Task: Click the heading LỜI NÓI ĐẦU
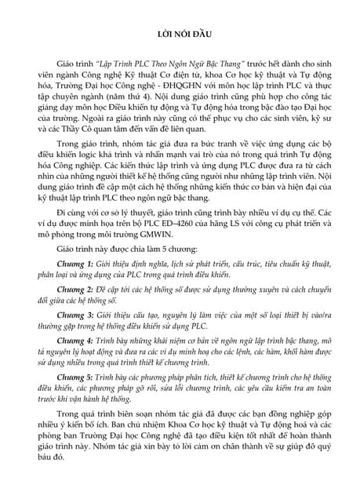(180, 35)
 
